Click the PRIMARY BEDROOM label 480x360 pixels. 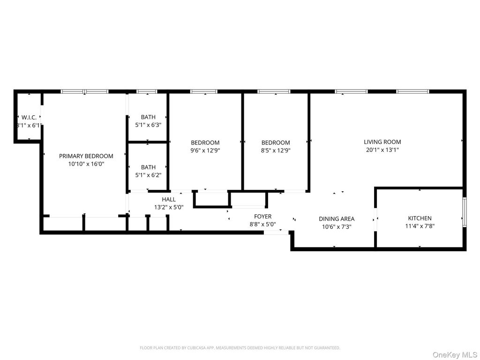coord(86,156)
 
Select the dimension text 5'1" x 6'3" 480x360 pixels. coord(148,125)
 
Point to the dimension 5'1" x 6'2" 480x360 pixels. coord(148,175)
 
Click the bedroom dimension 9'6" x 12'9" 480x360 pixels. coord(205,150)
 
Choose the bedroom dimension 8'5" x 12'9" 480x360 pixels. coord(276,150)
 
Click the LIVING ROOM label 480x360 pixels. coord(382,142)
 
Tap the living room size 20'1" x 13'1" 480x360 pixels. coord(382,150)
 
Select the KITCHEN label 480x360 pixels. coord(420,218)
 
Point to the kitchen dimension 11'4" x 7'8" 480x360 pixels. coord(420,226)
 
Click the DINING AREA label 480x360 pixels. coord(337,219)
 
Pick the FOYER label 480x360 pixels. coord(262,217)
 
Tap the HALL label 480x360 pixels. coord(169,200)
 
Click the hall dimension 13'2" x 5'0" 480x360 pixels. coord(169,207)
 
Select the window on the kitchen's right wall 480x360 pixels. coord(464,212)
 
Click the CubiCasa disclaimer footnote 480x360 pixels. coord(240,348)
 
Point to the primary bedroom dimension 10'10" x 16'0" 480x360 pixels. coord(86,164)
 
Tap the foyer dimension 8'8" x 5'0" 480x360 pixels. coord(262,224)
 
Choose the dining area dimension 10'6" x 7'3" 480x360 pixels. coord(337,226)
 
